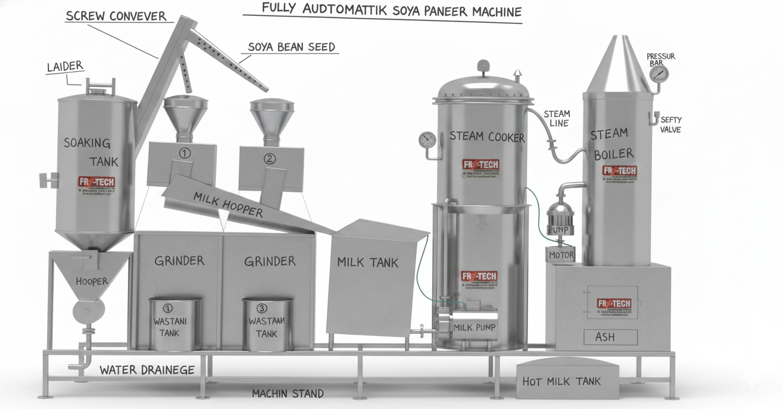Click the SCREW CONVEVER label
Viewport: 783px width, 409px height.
(x=116, y=15)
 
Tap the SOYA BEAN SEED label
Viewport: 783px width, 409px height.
(x=291, y=47)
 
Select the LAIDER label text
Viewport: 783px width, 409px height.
(x=65, y=67)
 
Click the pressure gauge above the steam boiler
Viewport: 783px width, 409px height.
(x=658, y=73)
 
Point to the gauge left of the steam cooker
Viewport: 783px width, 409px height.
(x=428, y=139)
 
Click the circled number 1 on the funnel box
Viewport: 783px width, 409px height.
(x=185, y=152)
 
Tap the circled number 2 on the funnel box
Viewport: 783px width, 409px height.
(x=269, y=158)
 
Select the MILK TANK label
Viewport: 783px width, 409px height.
(x=368, y=262)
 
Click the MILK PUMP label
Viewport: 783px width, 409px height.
(x=474, y=327)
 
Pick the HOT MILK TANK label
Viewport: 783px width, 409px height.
(x=562, y=381)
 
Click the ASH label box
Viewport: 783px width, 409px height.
(x=605, y=337)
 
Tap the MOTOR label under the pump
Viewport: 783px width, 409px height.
(x=561, y=255)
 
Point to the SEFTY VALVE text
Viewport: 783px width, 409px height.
(x=670, y=124)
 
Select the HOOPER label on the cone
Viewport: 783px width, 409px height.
(x=92, y=281)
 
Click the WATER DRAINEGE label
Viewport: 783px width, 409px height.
(x=147, y=370)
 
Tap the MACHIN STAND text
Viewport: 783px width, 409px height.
(x=288, y=393)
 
